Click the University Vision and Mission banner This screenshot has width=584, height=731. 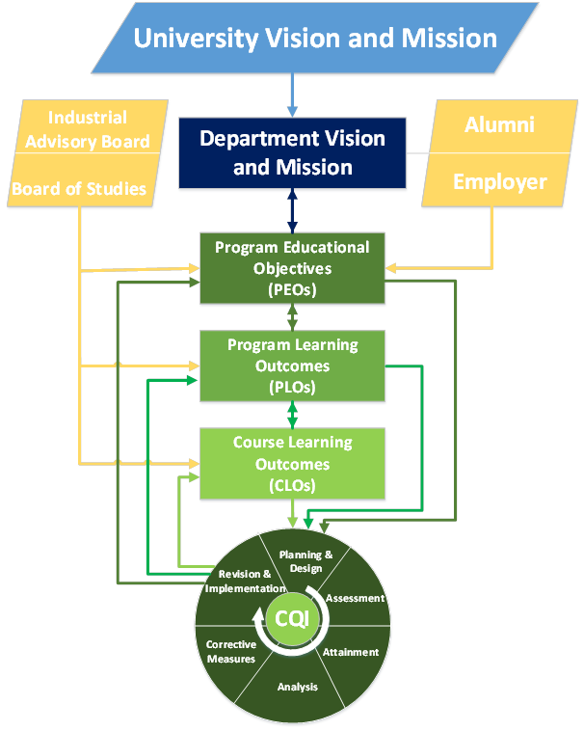[314, 40]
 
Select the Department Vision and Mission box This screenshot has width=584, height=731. [292, 152]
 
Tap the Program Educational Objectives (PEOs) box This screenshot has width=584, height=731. [292, 268]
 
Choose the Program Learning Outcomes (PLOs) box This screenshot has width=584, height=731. [292, 365]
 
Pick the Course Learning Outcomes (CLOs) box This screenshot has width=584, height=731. [292, 464]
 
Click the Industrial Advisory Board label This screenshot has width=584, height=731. [87, 129]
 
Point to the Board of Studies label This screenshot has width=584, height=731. [79, 188]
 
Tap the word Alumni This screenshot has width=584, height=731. [499, 125]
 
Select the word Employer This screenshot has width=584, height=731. [499, 181]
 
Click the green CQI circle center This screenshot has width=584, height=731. [292, 619]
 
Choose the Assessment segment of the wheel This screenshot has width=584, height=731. [353, 598]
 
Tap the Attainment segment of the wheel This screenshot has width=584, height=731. [351, 652]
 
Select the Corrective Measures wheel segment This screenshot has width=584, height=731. [232, 652]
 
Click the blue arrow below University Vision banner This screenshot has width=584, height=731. [292, 96]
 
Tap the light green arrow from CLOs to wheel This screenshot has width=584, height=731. [293, 514]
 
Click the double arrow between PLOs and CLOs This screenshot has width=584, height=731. [292, 415]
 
